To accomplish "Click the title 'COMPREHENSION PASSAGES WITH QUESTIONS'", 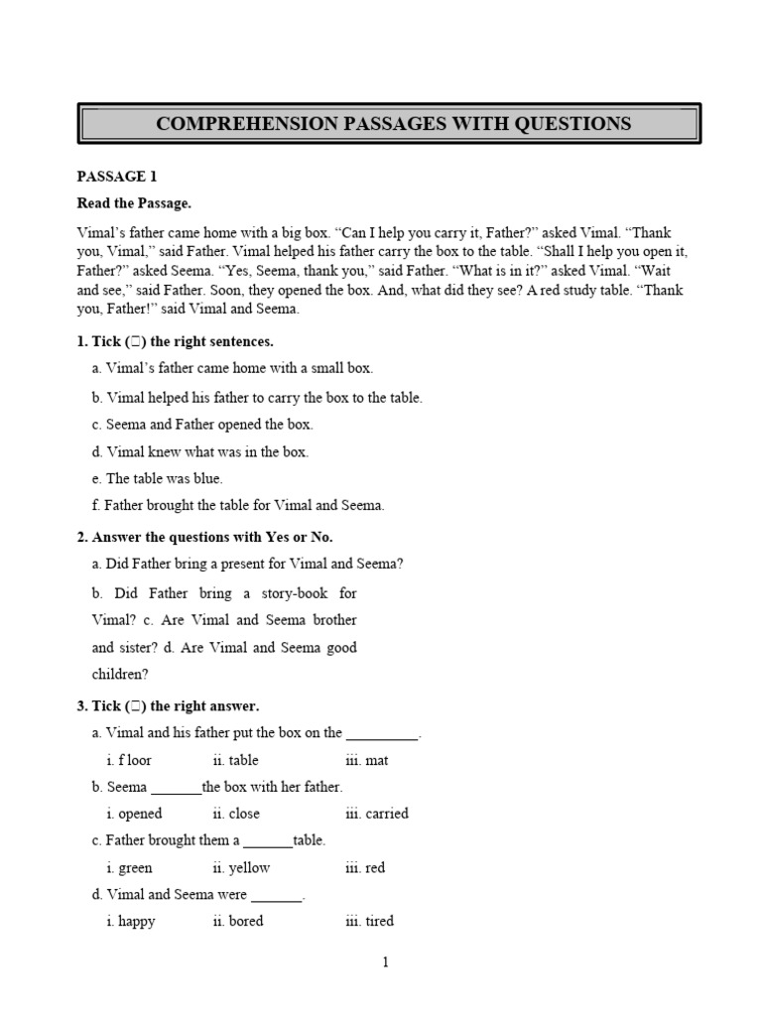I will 393,124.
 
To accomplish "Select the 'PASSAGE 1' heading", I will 117,177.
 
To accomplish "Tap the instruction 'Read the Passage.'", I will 134,203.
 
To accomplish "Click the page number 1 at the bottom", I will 386,961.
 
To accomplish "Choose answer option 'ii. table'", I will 235,760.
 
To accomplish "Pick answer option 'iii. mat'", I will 367,760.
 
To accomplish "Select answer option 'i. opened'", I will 135,814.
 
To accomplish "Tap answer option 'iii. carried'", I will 377,814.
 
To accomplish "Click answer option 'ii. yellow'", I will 241,867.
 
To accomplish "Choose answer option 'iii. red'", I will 365,867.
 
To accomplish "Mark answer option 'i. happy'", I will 132,921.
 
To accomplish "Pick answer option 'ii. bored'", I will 238,921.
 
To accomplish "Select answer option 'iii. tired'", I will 370,921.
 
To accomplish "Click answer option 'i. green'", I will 130,867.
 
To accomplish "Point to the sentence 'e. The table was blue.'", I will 158,478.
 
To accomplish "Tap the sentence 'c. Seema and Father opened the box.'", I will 202,424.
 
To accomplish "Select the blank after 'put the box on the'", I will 383,735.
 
